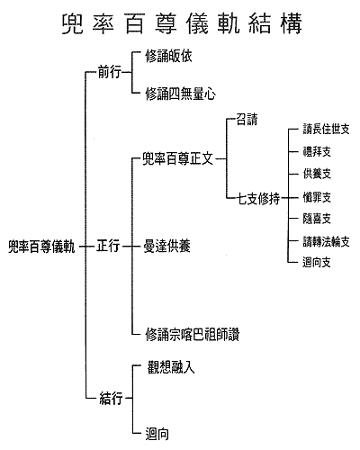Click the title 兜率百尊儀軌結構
182,23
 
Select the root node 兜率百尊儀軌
41,247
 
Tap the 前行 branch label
110,72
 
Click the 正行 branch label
108,246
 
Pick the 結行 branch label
111,399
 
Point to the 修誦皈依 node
168,56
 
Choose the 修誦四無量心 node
180,94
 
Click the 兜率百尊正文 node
177,158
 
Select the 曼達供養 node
166,247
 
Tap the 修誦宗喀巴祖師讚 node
193,334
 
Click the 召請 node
247,119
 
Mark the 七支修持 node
258,198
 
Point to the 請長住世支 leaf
327,130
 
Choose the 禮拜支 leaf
317,151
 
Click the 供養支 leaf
317,174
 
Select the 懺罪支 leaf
317,197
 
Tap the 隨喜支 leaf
317,219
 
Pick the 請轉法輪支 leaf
327,241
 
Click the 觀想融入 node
171,367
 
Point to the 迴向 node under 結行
157,434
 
